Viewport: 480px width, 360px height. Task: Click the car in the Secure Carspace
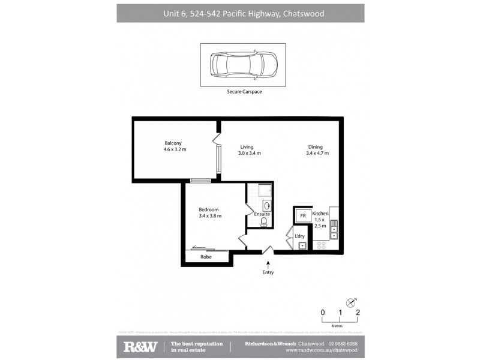coord(243,65)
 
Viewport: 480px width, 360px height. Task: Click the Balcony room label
coord(173,143)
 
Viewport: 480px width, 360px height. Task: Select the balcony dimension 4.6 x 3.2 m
coord(175,149)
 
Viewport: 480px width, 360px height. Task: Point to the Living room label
coord(247,147)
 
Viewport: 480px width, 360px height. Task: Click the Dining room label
coord(316,147)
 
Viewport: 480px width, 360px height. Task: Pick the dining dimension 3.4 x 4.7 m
coord(317,154)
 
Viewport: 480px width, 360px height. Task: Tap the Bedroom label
coord(209,209)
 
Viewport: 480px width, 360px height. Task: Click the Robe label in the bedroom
coord(206,257)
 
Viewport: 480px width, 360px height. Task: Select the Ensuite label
coord(262,214)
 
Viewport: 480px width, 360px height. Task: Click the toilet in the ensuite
coord(264,222)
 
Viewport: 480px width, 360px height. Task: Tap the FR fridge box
coord(303,215)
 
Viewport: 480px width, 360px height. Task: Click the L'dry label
coord(299,236)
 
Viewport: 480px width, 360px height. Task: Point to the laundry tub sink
coord(302,245)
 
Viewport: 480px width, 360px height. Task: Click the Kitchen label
coord(320,214)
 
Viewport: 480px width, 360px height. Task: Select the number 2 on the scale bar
coord(358,312)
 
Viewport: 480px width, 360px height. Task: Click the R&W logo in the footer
coord(140,346)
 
